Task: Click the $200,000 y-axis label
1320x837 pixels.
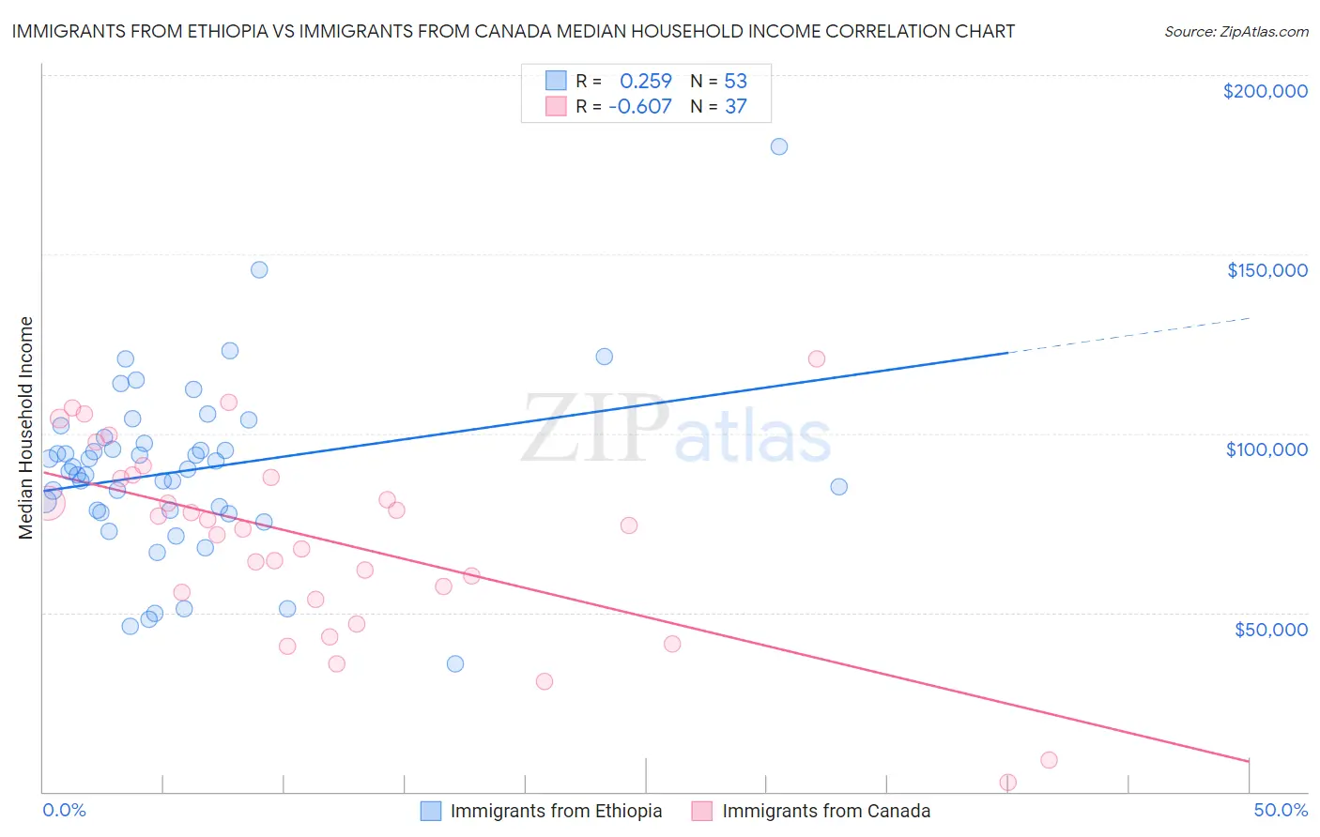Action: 1265,91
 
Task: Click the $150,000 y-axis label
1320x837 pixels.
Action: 1266,270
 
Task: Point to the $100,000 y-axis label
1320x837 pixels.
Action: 1266,449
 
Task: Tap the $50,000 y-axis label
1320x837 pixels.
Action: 1270,629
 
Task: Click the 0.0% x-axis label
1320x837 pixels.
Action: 65,810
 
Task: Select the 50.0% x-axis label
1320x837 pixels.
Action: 1281,810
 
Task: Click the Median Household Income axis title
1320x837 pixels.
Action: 26,428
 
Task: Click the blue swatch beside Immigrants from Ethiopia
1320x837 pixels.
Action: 431,812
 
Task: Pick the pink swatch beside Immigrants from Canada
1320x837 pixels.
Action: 702,812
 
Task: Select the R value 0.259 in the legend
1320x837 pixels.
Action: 646,82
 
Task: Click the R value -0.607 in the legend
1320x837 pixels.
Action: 640,107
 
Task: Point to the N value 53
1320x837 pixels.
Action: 735,82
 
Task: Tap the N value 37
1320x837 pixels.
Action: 735,107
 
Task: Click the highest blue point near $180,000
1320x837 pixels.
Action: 779,146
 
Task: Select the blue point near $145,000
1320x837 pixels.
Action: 259,270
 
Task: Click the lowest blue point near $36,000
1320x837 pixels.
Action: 455,664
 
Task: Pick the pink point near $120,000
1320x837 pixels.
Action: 817,359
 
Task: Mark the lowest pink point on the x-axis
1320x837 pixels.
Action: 1008,783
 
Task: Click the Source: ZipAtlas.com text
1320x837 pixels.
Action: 1236,32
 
